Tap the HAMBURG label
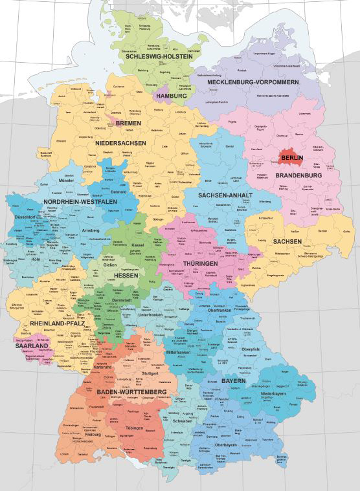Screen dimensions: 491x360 point(171,96)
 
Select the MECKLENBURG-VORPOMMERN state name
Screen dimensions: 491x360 point(253,82)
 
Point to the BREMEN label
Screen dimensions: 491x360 point(128,122)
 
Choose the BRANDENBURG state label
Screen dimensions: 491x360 point(299,175)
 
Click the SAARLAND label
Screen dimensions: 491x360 point(30,346)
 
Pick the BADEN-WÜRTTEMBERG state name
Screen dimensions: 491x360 point(132,392)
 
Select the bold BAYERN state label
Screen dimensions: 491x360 point(233,382)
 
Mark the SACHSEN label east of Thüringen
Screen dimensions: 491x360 point(286,241)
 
